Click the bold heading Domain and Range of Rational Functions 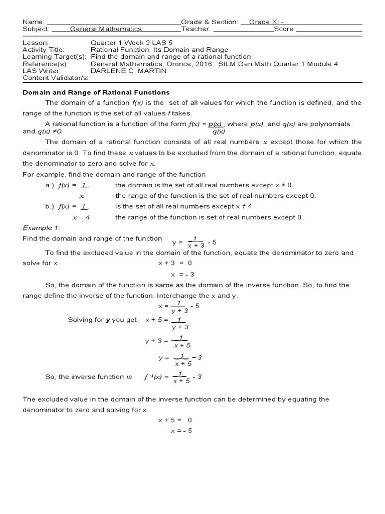click(96, 92)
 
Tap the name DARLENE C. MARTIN click(128, 71)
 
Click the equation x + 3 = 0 click(175, 263)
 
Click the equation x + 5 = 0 click(175, 420)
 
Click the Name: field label click(33, 22)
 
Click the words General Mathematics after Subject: click(106, 29)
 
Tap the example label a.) click(51, 185)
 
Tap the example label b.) click(51, 206)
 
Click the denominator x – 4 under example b click(81, 217)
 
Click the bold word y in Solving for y click(107, 320)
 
